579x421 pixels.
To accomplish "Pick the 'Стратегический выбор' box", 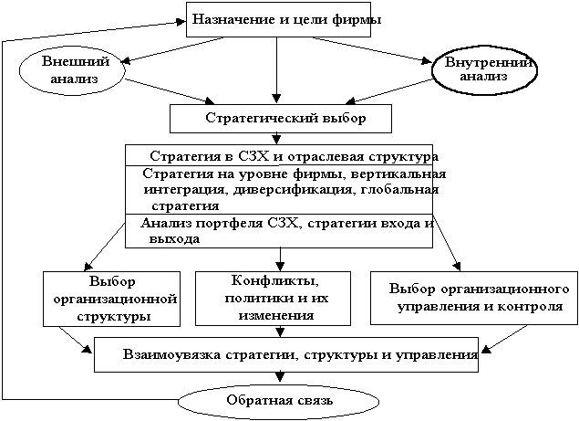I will pos(281,119).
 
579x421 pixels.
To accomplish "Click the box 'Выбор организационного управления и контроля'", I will pos(472,298).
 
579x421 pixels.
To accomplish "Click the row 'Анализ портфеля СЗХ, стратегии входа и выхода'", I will pos(279,230).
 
